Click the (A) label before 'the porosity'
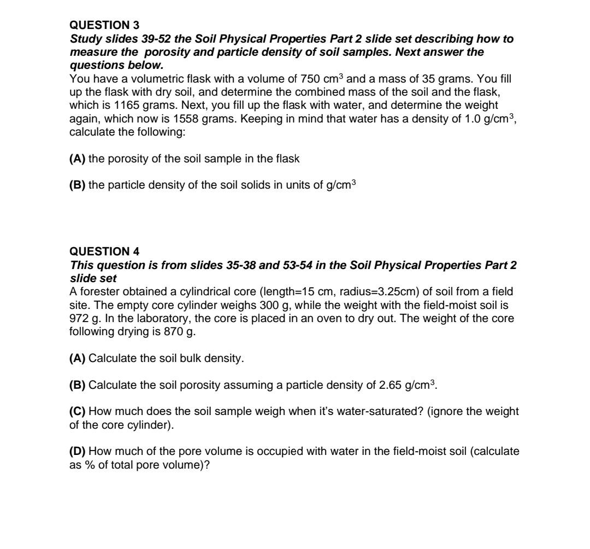(x=78, y=159)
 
